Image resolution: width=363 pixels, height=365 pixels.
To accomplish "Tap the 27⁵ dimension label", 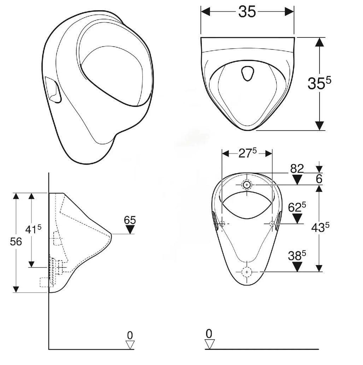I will pos(247,153).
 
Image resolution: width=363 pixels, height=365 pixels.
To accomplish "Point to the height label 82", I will pos(297,168).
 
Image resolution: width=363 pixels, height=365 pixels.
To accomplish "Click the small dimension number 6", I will pos(319,179).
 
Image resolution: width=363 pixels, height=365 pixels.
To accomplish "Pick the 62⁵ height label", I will pos(297,207).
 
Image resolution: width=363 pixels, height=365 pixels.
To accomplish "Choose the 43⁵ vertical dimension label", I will pos(320,227).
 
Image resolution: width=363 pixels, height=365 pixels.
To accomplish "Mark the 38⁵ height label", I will pos(297,256).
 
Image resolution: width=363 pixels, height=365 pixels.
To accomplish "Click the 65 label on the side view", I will pos(130,220).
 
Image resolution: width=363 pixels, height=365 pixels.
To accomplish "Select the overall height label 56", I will pos(16,242).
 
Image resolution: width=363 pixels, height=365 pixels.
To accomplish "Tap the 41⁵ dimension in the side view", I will pos(33,229).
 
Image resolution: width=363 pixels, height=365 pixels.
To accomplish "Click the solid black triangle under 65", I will pos(130,229).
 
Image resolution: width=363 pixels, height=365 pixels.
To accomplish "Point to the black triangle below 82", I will pos(297,179).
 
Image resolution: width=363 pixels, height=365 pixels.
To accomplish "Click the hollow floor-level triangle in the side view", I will pos(130,345).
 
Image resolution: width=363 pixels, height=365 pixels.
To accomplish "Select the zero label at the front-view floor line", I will pos(209,333).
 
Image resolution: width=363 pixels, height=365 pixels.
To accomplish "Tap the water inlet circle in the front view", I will pos(247,184).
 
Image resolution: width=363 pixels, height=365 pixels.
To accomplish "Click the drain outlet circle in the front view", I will pos(247,271).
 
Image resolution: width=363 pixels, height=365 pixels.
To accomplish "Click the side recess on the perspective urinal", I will pos(53,90).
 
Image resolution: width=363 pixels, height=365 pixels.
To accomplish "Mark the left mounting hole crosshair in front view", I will pos(222,223).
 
